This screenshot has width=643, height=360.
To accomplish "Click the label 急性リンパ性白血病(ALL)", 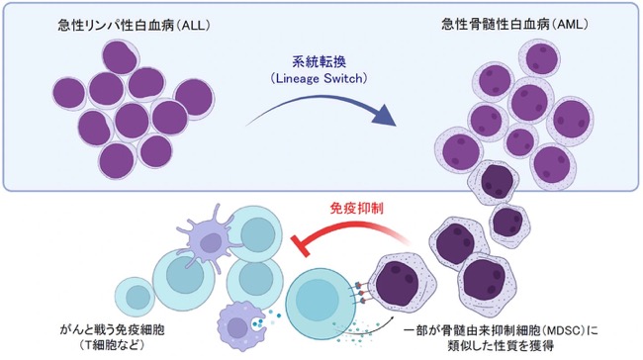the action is [x=135, y=26].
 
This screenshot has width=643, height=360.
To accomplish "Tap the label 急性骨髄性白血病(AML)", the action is [x=515, y=25].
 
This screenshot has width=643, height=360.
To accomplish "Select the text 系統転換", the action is [x=320, y=61].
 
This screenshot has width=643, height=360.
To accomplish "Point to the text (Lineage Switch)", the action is [x=320, y=78].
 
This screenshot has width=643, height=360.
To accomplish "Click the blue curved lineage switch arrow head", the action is [x=385, y=115].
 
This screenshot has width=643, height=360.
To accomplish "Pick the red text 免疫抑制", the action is [x=357, y=209].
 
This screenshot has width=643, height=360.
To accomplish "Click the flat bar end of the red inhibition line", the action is [x=300, y=246].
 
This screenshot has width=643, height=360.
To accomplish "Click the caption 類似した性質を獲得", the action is [x=501, y=346].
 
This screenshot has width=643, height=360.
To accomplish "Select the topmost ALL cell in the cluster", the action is [x=121, y=57].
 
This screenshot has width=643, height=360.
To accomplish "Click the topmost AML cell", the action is [x=539, y=58].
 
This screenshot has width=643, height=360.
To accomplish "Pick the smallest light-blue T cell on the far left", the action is [x=135, y=297].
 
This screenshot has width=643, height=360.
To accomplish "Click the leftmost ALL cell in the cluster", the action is [x=69, y=94].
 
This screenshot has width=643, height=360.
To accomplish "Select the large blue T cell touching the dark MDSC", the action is [x=317, y=298].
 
